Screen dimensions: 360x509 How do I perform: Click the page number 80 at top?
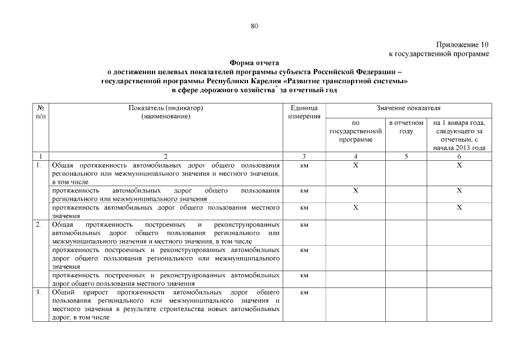254,26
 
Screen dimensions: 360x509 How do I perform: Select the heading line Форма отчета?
254,64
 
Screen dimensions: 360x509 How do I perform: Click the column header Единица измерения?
304,111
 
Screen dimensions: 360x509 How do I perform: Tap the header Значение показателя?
408,107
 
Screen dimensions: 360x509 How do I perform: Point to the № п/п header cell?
40,111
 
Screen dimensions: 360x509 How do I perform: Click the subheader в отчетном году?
406,127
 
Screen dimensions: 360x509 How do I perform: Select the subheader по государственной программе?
355,130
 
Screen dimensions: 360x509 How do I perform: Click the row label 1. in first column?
38,165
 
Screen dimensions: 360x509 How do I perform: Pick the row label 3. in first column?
38,292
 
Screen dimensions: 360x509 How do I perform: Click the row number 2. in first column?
38,224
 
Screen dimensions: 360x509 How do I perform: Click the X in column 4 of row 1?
355,165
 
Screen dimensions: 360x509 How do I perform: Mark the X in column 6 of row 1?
459,165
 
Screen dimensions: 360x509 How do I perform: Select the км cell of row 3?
304,292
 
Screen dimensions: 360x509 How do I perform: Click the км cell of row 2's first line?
304,224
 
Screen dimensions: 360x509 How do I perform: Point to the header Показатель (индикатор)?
165,107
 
